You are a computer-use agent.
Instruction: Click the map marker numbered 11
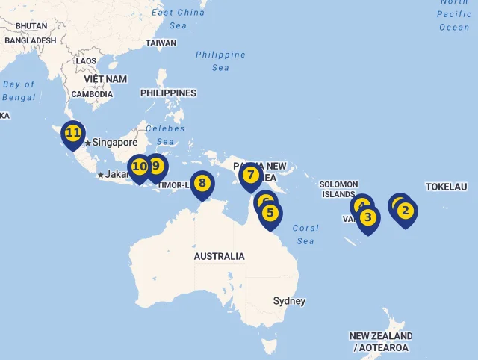pos(72,134)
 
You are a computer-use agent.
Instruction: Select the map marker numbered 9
pos(156,166)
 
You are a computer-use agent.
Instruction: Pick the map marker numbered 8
pos(202,183)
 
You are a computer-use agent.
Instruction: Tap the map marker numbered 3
pos(367,218)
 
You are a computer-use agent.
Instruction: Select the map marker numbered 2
pos(406,211)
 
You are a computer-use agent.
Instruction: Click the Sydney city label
pos(289,301)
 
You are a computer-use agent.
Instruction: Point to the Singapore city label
pos(115,143)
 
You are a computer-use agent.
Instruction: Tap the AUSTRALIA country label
pos(219,256)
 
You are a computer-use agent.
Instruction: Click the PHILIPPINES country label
pos(168,93)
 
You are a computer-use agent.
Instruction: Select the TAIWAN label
pos(161,43)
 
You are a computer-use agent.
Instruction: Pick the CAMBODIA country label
pos(92,94)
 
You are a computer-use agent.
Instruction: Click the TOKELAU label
pos(446,187)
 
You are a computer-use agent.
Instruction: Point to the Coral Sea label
pos(305,235)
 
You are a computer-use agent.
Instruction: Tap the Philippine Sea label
pos(220,61)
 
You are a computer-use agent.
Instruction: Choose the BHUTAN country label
pos(31,25)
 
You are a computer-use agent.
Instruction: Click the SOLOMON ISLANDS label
pos(338,189)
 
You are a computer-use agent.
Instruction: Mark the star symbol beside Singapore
pos(87,143)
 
